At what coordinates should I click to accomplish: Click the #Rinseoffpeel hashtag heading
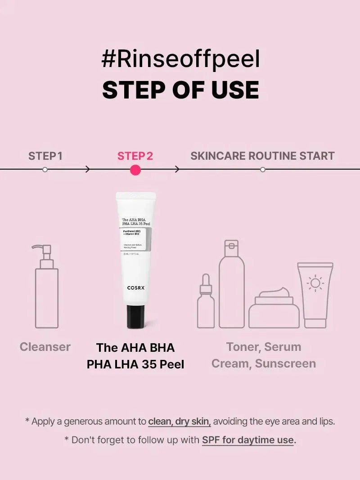(x=180, y=60)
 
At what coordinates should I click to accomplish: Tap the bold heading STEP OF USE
(x=180, y=90)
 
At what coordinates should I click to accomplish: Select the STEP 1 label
(x=45, y=156)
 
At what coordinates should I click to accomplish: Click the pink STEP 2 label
(x=135, y=156)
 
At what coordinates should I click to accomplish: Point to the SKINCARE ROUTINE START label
(x=262, y=156)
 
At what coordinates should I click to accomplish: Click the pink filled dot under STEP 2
(x=135, y=170)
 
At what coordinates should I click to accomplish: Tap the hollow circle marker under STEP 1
(x=45, y=170)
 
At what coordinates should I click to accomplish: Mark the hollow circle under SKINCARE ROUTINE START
(x=263, y=170)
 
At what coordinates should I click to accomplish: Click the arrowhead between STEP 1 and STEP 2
(x=88, y=170)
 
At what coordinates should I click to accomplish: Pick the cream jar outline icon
(x=274, y=308)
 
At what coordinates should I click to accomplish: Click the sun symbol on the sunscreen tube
(x=315, y=283)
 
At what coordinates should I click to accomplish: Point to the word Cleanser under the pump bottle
(x=45, y=347)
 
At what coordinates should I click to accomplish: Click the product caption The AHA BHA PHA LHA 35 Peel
(x=135, y=355)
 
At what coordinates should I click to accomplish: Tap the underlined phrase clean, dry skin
(x=180, y=422)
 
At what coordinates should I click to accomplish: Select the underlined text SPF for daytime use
(x=248, y=440)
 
